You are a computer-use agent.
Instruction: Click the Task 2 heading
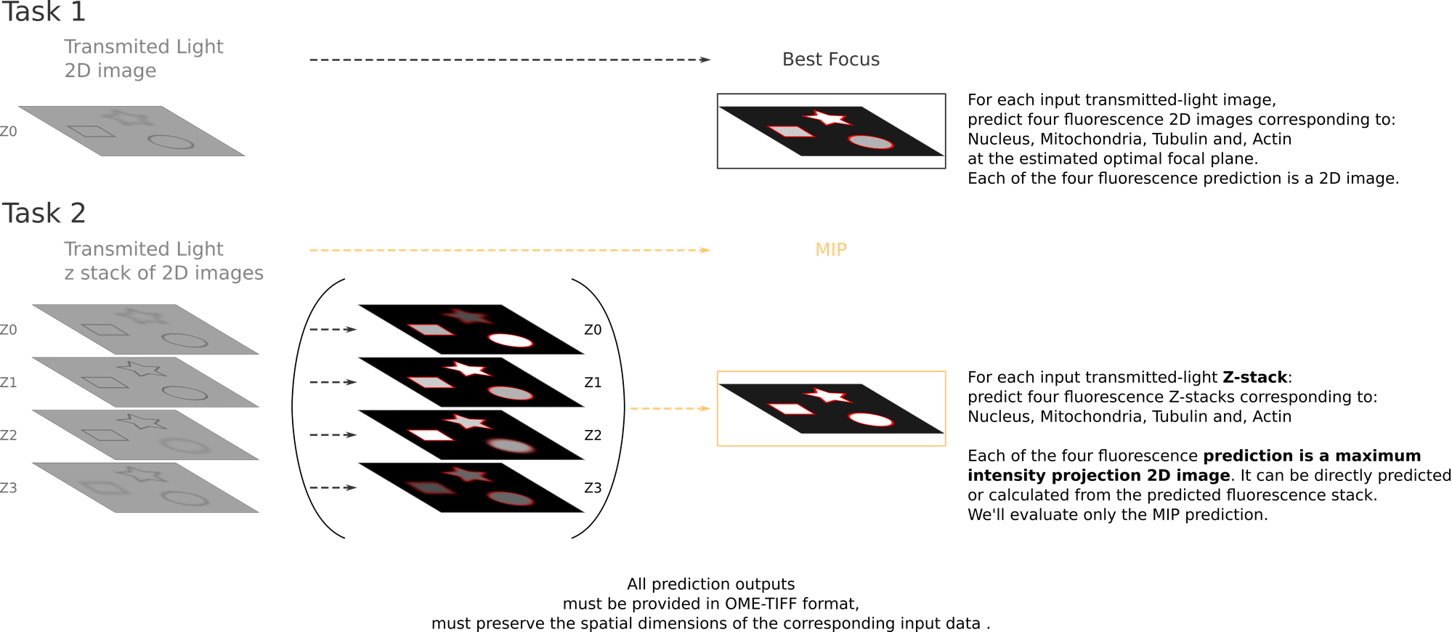pyautogui.click(x=44, y=213)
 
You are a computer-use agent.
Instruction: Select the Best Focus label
pyautogui.click(x=831, y=60)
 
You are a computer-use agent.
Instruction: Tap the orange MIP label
pyautogui.click(x=831, y=250)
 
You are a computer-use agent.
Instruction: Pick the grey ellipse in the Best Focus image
pyautogui.click(x=870, y=142)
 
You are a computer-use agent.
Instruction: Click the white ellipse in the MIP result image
pyautogui.click(x=870, y=419)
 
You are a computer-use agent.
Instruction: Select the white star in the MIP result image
pyautogui.click(x=827, y=395)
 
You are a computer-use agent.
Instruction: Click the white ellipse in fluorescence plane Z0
pyautogui.click(x=511, y=340)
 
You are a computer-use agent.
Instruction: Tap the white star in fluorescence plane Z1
pyautogui.click(x=468, y=369)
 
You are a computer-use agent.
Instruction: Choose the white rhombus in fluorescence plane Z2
pyautogui.click(x=430, y=435)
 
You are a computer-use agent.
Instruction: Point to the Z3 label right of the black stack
pyautogui.click(x=593, y=488)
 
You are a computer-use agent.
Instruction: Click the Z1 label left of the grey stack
pyautogui.click(x=9, y=383)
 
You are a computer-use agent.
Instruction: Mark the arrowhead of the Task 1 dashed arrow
pyautogui.click(x=705, y=60)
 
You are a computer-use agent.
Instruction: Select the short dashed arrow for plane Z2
pyautogui.click(x=333, y=435)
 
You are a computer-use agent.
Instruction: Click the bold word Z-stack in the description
pyautogui.click(x=1254, y=378)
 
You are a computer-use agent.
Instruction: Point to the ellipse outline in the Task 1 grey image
pyautogui.click(x=171, y=142)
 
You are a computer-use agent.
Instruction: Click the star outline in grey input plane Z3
pyautogui.click(x=144, y=474)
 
